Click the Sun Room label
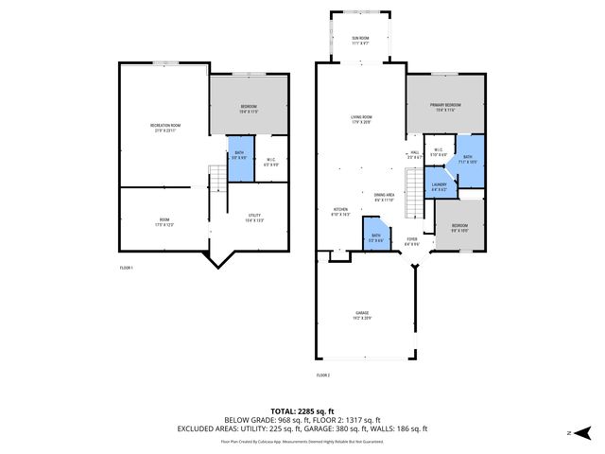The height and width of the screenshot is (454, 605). click(x=360, y=40)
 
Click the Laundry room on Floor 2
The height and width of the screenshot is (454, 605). click(x=439, y=186)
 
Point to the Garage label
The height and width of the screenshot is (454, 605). click(x=361, y=315)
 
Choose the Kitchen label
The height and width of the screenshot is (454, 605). click(x=340, y=212)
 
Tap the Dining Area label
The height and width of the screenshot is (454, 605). click(x=384, y=196)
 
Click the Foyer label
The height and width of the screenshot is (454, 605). click(x=412, y=241)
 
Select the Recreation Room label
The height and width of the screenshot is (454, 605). click(x=165, y=127)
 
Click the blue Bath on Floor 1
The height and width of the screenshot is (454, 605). click(x=238, y=156)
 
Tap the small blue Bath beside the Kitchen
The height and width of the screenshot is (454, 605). click(x=375, y=236)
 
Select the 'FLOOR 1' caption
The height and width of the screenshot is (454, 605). click(x=126, y=269)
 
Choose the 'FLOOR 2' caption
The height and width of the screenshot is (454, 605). click(x=323, y=375)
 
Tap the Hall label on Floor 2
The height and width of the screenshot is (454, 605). click(x=414, y=154)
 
